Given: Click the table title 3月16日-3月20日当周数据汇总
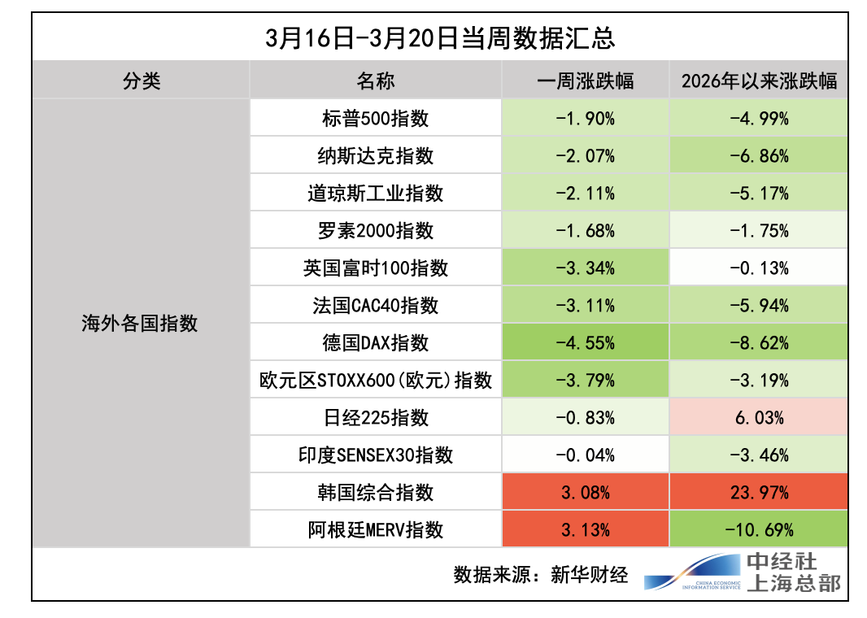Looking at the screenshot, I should point(439,39).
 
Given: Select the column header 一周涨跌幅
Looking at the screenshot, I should point(585,81).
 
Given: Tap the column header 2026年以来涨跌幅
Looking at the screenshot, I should point(758,81).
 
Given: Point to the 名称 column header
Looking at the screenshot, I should point(375,81).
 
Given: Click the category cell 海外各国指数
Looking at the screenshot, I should point(140,324).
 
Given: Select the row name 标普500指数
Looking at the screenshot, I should point(375,119).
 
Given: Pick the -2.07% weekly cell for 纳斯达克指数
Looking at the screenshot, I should point(585,156).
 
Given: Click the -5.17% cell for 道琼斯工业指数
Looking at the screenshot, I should point(758,194).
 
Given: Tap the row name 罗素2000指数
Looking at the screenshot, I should point(375,231).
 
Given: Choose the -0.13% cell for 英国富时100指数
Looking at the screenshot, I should point(758,268).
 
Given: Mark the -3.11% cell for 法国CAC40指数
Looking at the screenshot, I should point(585,306).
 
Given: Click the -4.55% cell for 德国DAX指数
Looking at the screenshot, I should point(585,343).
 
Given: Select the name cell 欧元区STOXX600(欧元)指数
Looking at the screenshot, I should point(375,381).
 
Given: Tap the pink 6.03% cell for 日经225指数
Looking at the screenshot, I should point(758,418).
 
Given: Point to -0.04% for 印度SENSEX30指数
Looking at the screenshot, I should point(585,455).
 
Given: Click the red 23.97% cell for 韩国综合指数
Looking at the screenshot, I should point(758,493).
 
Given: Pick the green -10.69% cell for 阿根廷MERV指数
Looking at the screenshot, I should point(758,530).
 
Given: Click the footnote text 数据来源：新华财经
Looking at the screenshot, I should point(541,575).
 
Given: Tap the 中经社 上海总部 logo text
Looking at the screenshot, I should point(793,572).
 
